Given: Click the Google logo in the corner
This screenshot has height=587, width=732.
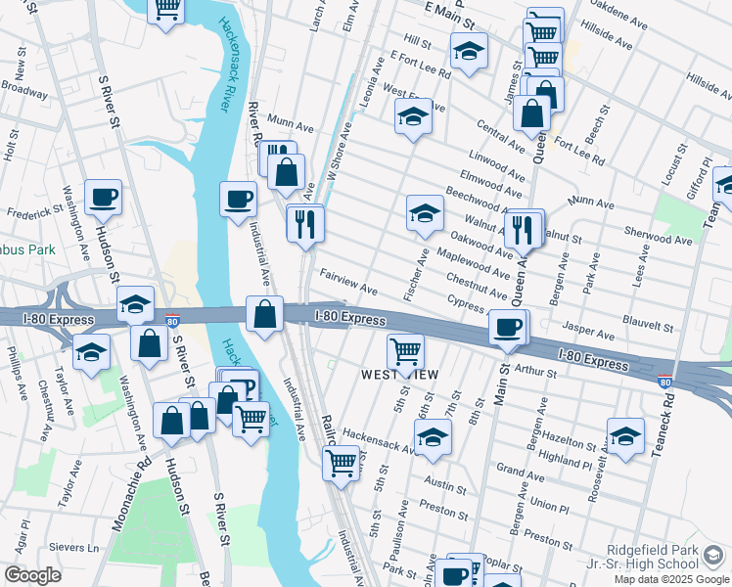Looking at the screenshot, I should pyautogui.click(x=32, y=575).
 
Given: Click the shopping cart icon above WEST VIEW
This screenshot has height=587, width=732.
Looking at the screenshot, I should pyautogui.click(x=405, y=349).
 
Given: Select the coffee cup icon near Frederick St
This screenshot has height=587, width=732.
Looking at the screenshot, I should pyautogui.click(x=103, y=198).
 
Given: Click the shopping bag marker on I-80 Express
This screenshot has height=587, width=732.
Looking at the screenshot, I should pyautogui.click(x=264, y=314).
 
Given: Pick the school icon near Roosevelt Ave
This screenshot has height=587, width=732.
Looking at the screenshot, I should pyautogui.click(x=625, y=435).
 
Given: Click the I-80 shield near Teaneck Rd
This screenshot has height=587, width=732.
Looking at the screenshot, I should pyautogui.click(x=665, y=382).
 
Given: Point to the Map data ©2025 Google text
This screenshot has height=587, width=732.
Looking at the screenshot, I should pyautogui.click(x=670, y=579).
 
